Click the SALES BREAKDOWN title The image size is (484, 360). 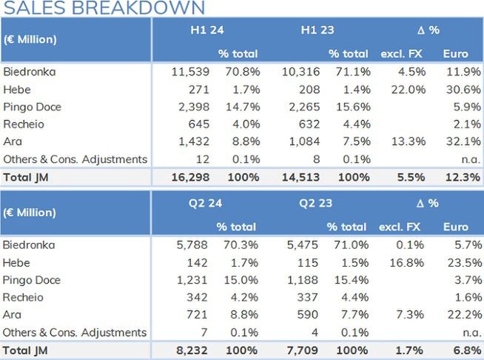pyautogui.click(x=104, y=8)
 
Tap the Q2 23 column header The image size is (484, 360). pyautogui.click(x=316, y=203)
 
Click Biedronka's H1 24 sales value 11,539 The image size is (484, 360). pyautogui.click(x=190, y=72)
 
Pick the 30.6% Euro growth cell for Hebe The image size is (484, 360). pyautogui.click(x=463, y=90)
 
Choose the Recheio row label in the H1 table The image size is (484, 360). pyautogui.click(x=24, y=124)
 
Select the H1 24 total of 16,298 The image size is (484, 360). pyautogui.click(x=190, y=177)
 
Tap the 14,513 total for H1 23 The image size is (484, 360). pyautogui.click(x=300, y=177)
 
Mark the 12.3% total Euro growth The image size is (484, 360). pyautogui.click(x=463, y=177)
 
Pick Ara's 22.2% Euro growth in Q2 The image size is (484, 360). pyautogui.click(x=463, y=315)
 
